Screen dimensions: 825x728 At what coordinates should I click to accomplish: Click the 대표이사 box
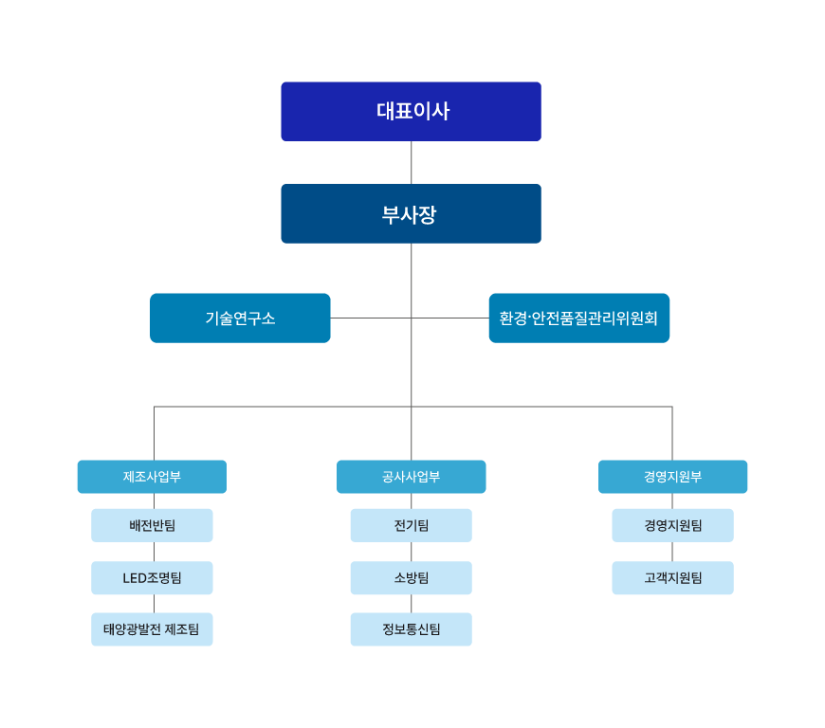pos(411,112)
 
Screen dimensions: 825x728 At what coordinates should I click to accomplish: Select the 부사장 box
pos(411,213)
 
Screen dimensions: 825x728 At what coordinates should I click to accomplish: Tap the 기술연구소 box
pos(240,318)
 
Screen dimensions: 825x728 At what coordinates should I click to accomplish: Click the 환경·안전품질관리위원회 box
pos(579,318)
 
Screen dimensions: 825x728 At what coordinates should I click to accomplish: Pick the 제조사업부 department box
pos(152,477)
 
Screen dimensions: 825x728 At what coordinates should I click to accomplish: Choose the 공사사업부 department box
pos(411,477)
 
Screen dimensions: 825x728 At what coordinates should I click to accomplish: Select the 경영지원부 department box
pos(673,477)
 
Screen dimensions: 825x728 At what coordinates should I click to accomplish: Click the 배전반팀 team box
pos(152,525)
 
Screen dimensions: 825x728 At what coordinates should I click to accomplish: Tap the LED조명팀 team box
pos(152,578)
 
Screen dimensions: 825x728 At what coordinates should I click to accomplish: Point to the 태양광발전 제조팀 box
pos(152,629)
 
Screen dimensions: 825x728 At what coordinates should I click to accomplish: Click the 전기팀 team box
pos(411,525)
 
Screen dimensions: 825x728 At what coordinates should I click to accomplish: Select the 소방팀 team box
pos(411,578)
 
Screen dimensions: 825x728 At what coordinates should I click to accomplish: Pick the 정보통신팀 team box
pos(411,629)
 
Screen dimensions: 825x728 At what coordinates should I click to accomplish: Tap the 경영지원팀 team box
pos(673,525)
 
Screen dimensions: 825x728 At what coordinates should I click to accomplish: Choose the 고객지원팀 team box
pos(673,578)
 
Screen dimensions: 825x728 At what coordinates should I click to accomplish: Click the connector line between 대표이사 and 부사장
pos(411,162)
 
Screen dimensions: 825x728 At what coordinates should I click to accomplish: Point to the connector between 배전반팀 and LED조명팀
pos(155,552)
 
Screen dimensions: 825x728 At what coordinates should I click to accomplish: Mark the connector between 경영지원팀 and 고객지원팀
pos(672,552)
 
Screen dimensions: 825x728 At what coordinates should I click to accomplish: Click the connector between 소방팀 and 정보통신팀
pos(411,604)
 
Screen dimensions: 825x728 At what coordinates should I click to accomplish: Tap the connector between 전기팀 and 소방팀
pos(411,552)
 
